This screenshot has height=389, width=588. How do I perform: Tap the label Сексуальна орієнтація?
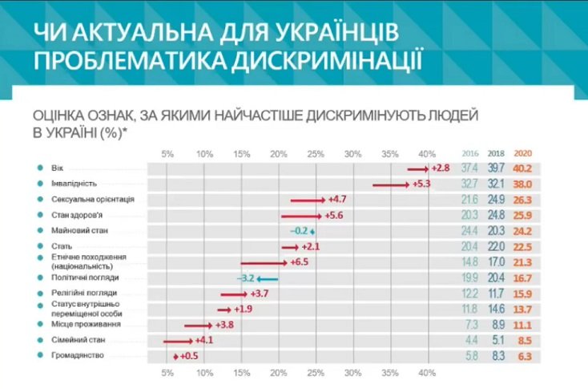coord(93,199)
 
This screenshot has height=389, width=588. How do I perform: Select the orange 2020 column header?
coord(522,153)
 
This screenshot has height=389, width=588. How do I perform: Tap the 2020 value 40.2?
coord(522,168)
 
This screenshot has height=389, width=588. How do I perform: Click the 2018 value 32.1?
coord(496,184)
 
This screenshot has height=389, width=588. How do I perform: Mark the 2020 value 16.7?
coord(522,278)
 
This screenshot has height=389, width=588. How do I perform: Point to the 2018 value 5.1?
coord(497,340)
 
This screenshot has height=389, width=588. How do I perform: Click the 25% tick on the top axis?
coord(316,153)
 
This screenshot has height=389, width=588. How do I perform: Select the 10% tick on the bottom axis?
coord(205,373)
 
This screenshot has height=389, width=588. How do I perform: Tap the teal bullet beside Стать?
coord(39,245)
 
